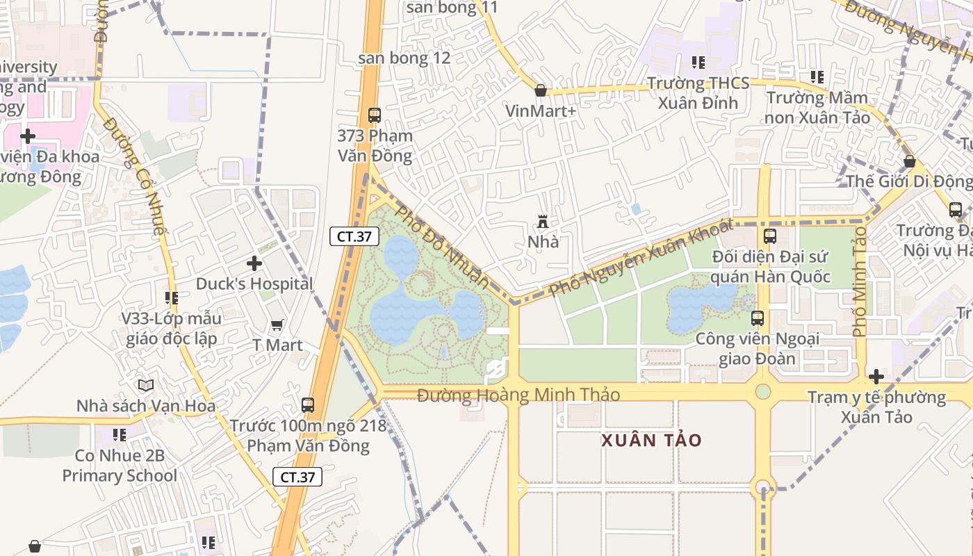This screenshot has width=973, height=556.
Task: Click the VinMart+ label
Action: [541, 111]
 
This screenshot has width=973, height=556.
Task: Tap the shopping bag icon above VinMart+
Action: [540, 90]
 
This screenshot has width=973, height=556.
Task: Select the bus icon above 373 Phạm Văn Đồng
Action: [374, 115]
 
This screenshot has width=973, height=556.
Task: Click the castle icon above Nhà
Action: [543, 222]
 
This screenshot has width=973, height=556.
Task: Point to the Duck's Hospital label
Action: [254, 284]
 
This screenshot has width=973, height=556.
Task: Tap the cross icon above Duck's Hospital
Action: [254, 263]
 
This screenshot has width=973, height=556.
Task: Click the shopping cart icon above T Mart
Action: [277, 325]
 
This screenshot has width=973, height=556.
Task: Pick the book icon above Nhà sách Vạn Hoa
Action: [145, 385]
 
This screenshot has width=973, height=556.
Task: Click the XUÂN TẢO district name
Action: [651, 440]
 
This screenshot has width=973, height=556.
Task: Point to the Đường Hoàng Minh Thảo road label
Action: [518, 395]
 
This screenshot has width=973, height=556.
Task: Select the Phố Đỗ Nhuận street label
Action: [443, 246]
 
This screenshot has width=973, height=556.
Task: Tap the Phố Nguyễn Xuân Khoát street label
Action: [641, 257]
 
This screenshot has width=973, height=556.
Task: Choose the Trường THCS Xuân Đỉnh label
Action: [698, 93]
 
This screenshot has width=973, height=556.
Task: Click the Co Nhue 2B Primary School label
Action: [120, 466]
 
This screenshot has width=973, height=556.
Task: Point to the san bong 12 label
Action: [404, 58]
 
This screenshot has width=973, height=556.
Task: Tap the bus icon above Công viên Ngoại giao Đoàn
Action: [758, 318]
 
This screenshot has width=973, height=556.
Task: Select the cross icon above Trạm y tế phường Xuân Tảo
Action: [876, 377]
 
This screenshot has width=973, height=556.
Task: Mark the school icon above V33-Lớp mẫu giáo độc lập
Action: [171, 298]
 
